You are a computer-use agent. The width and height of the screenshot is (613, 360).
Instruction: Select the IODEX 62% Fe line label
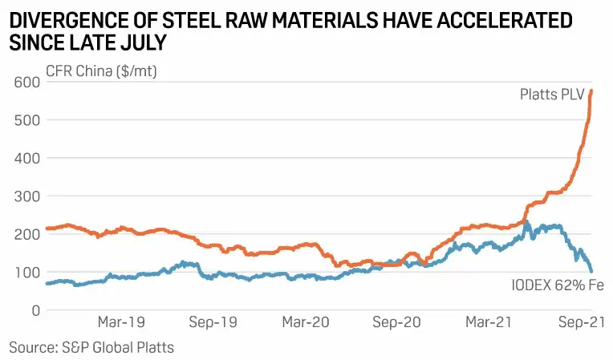click(556, 285)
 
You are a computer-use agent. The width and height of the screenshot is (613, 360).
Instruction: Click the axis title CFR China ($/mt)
click(101, 72)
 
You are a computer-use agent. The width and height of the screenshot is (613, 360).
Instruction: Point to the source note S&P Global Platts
click(91, 347)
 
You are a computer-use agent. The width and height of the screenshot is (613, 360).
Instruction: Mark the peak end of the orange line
click(591, 91)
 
